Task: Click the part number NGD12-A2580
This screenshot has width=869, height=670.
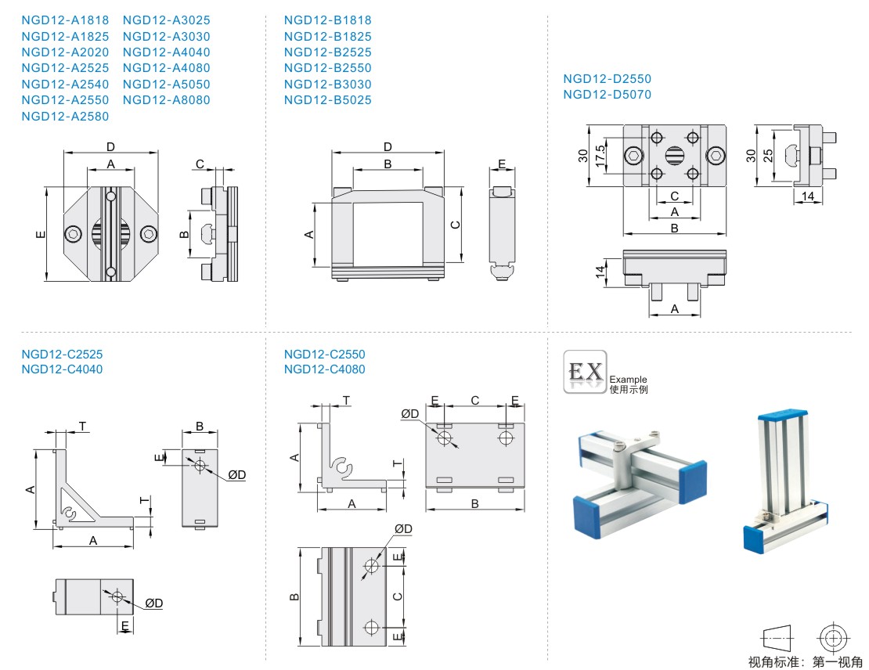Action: [x=65, y=117]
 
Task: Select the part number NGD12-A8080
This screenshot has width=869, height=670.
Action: [x=166, y=100]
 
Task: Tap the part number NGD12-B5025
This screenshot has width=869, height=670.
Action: [x=327, y=100]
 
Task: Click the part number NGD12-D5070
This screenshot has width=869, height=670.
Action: [x=607, y=95]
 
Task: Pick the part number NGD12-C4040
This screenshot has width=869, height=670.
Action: [x=62, y=369]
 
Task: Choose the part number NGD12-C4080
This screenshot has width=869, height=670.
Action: [x=324, y=369]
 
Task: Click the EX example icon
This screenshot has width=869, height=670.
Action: [x=585, y=371]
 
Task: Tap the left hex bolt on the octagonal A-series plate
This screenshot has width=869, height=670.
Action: [x=73, y=234]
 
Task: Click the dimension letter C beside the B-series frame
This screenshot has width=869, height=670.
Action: [x=456, y=225]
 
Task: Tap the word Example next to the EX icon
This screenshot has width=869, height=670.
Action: [x=628, y=380]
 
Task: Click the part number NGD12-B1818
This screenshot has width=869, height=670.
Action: [x=327, y=20]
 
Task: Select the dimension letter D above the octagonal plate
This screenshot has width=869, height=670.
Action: [x=110, y=146]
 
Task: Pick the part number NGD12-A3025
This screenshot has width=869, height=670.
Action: [x=166, y=20]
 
